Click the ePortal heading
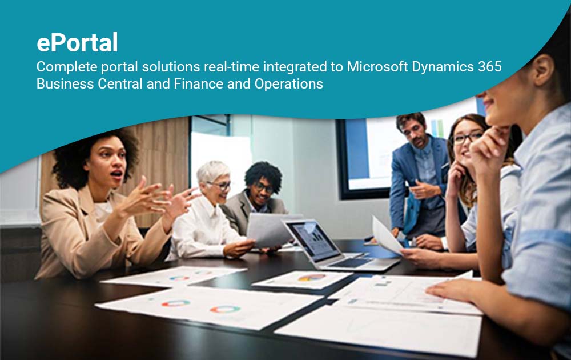click(x=77, y=43)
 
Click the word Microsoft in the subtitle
click(x=373, y=66)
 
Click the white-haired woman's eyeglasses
click(x=221, y=185)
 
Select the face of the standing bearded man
click(x=415, y=132)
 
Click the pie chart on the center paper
click(x=312, y=278)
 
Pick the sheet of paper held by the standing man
click(x=388, y=235)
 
